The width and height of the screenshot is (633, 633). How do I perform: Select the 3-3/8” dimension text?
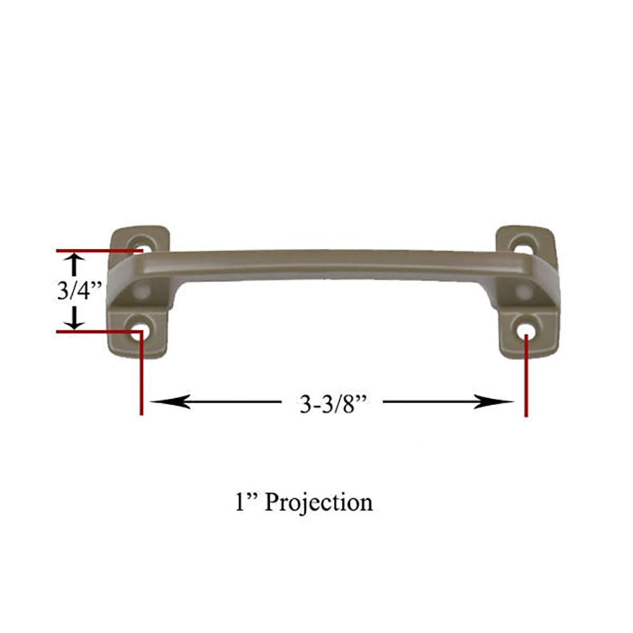333,403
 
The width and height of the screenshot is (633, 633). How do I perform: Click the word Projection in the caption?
318,502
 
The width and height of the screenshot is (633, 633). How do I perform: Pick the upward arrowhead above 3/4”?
75,260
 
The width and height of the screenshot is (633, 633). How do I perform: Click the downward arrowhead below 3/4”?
75,322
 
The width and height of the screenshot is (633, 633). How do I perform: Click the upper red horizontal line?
95,251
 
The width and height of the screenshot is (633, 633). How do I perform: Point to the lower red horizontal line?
95,331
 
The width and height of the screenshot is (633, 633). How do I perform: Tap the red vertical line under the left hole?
141,380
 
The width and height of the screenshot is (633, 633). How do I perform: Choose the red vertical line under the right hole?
525,380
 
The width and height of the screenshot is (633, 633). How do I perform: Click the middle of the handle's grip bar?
329,263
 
